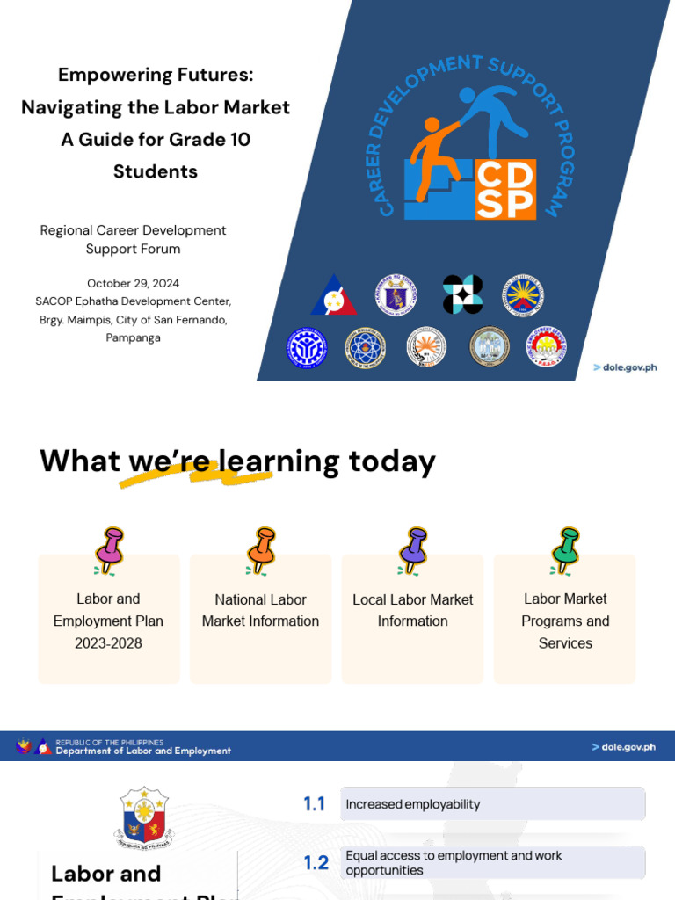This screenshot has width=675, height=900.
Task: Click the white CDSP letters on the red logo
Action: pos(505,189)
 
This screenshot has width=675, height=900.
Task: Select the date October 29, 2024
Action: pos(133,283)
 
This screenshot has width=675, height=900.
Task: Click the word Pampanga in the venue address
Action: pos(133,337)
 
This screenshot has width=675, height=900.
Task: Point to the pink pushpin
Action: pos(111,550)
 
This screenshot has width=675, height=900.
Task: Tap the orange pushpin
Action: pos(261,550)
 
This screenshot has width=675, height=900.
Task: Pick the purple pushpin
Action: pos(412,550)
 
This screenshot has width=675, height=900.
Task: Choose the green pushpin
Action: pos(564,550)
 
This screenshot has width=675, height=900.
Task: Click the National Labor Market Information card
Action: pos(260,618)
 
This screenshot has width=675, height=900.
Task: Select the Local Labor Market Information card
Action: pos(412,618)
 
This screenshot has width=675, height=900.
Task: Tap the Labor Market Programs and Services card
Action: pos(564,620)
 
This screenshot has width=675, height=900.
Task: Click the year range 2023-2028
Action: pos(108,643)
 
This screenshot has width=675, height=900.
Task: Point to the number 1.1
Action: pos(315,804)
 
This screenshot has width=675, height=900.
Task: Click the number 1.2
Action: pos(316,863)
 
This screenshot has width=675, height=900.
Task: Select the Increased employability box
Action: pos(492,804)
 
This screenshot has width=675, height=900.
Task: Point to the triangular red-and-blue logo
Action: pos(334,296)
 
